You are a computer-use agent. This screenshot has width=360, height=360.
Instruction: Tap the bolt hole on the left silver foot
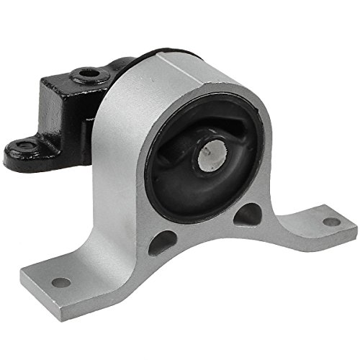(63, 282)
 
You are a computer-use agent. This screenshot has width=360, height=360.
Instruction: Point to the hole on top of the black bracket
(88, 73)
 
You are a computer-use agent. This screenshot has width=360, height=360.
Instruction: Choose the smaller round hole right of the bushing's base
(248, 213)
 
